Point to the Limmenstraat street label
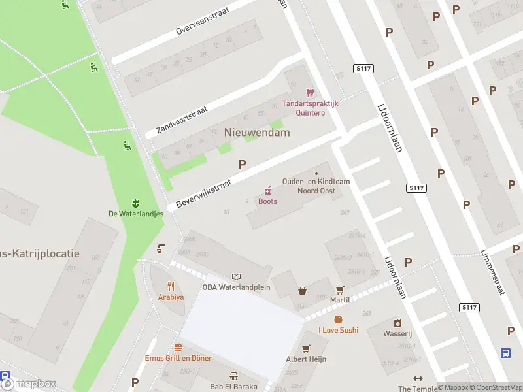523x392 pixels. [492, 271]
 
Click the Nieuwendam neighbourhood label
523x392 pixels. [257, 132]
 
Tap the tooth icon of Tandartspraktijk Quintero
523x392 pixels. [310, 93]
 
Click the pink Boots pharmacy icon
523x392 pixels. [267, 190]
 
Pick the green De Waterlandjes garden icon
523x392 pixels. [136, 201]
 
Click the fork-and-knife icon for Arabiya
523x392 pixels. [171, 286]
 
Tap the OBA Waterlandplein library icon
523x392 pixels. [236, 276]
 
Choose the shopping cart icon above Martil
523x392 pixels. [340, 289]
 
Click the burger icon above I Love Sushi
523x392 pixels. [338, 319]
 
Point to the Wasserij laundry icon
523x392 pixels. [397, 323]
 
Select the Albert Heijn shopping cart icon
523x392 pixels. [305, 348]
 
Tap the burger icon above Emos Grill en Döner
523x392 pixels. [178, 348]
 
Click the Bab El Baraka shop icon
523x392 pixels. [233, 376]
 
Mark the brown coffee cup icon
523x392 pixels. [160, 248]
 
